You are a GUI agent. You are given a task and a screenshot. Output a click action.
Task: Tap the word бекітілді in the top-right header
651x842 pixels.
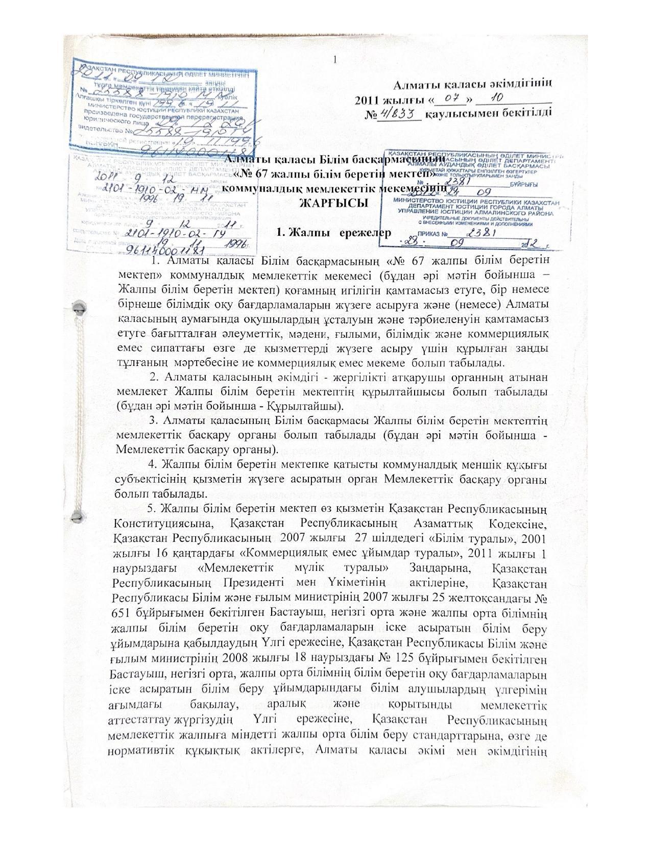pos(528,112)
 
